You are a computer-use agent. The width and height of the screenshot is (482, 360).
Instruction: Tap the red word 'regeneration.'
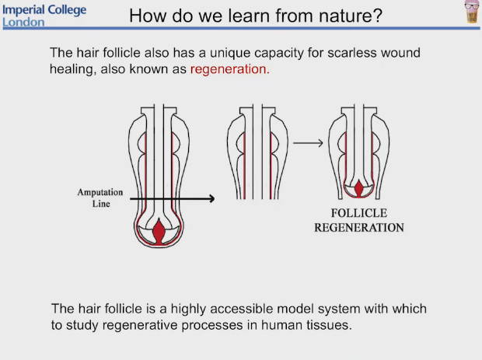coord(230,69)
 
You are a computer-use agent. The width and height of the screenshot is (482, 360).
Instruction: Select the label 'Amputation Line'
coord(100,197)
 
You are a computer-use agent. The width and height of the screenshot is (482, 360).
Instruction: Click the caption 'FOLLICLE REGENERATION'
coord(358,219)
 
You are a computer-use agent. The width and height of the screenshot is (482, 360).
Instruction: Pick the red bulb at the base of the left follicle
coord(160,231)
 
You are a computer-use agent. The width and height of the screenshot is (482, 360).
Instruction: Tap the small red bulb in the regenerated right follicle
coord(359,188)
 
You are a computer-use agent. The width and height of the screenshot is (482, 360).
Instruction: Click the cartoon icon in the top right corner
coord(470,12)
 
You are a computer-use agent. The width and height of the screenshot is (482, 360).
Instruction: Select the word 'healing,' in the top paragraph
coord(73,69)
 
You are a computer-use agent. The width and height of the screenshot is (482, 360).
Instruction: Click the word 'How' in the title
coord(145,16)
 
